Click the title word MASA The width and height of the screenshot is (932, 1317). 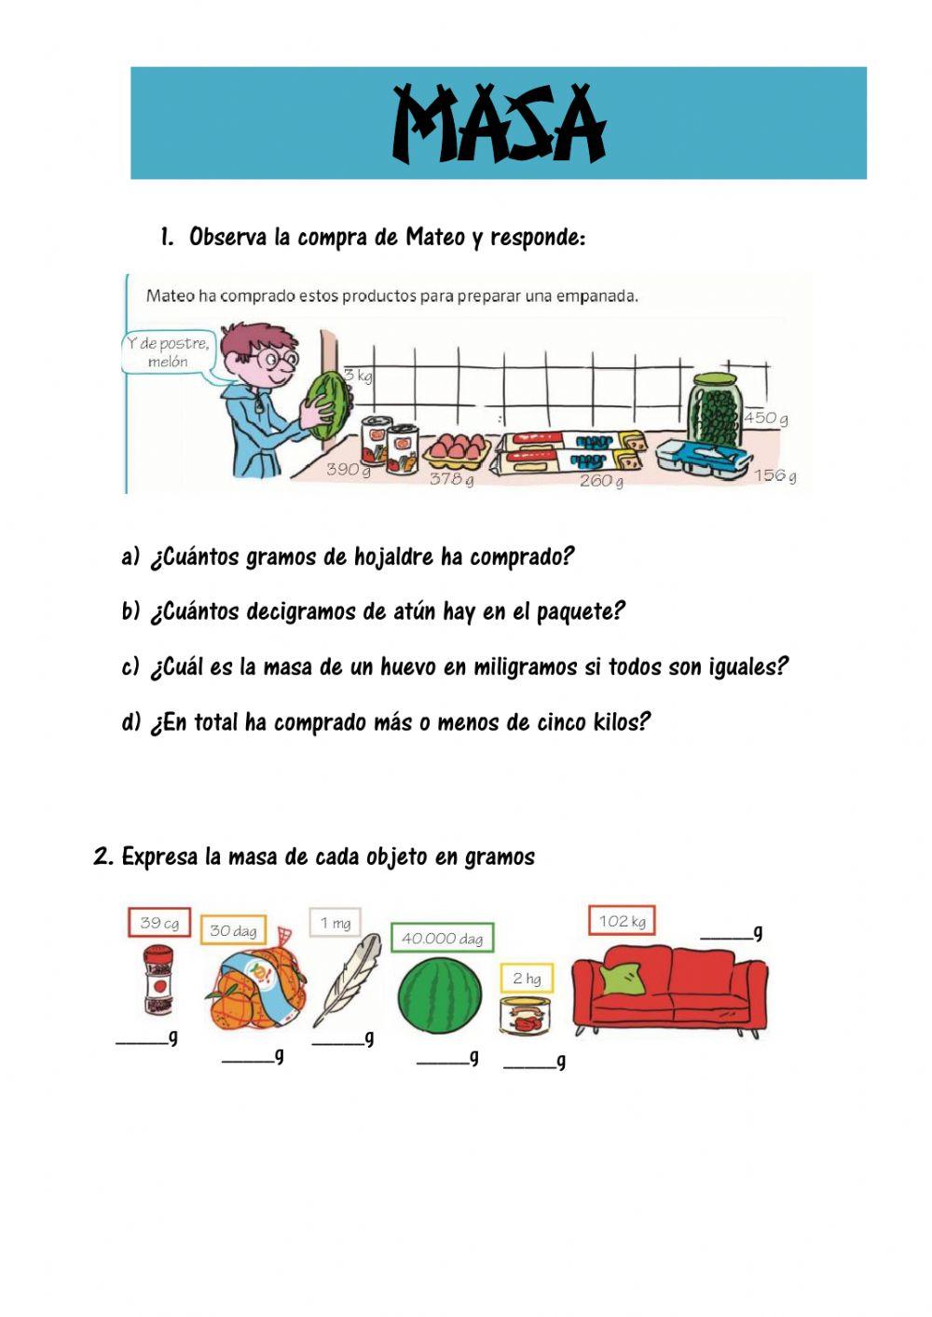[499, 124]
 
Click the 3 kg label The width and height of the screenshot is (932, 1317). [357, 376]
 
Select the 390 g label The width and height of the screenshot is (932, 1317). [348, 469]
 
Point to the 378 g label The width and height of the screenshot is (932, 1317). [451, 479]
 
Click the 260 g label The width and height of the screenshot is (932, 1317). [601, 481]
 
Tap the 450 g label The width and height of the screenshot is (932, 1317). [765, 418]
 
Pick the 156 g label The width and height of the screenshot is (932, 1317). [774, 475]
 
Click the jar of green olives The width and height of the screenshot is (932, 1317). [715, 409]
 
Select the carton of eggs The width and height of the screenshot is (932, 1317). [457, 450]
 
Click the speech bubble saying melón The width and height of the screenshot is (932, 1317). [169, 352]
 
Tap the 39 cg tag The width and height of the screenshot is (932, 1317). [159, 923]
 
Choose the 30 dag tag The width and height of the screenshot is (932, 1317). [233, 930]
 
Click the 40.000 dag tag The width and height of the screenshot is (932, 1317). [442, 938]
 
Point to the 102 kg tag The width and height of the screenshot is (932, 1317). [622, 921]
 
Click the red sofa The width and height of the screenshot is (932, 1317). [669, 988]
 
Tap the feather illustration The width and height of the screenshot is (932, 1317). [348, 979]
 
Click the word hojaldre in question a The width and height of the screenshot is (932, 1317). [394, 557]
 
